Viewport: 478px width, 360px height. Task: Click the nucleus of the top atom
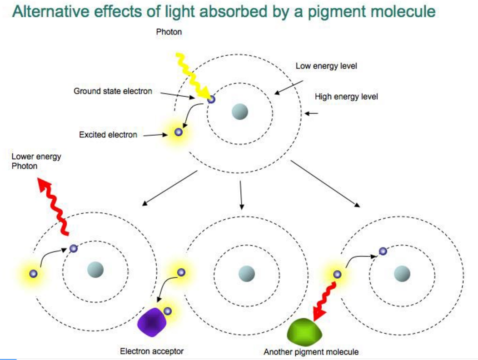(x=239, y=111)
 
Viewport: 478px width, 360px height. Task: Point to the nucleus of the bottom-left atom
(x=95, y=269)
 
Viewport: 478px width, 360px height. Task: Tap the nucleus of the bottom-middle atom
(x=247, y=273)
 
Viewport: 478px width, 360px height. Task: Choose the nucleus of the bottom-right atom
(x=402, y=273)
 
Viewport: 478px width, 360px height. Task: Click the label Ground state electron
(x=113, y=91)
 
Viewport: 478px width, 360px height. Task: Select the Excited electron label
(x=108, y=135)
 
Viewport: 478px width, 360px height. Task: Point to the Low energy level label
(x=326, y=66)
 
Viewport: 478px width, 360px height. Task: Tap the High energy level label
(x=346, y=97)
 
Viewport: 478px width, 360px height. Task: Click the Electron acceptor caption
(x=152, y=351)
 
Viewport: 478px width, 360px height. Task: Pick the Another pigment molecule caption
(x=311, y=352)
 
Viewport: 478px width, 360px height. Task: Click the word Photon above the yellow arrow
(x=169, y=32)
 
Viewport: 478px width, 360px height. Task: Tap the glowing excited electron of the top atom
(x=178, y=132)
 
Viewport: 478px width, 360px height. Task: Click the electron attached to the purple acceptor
(x=168, y=311)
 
